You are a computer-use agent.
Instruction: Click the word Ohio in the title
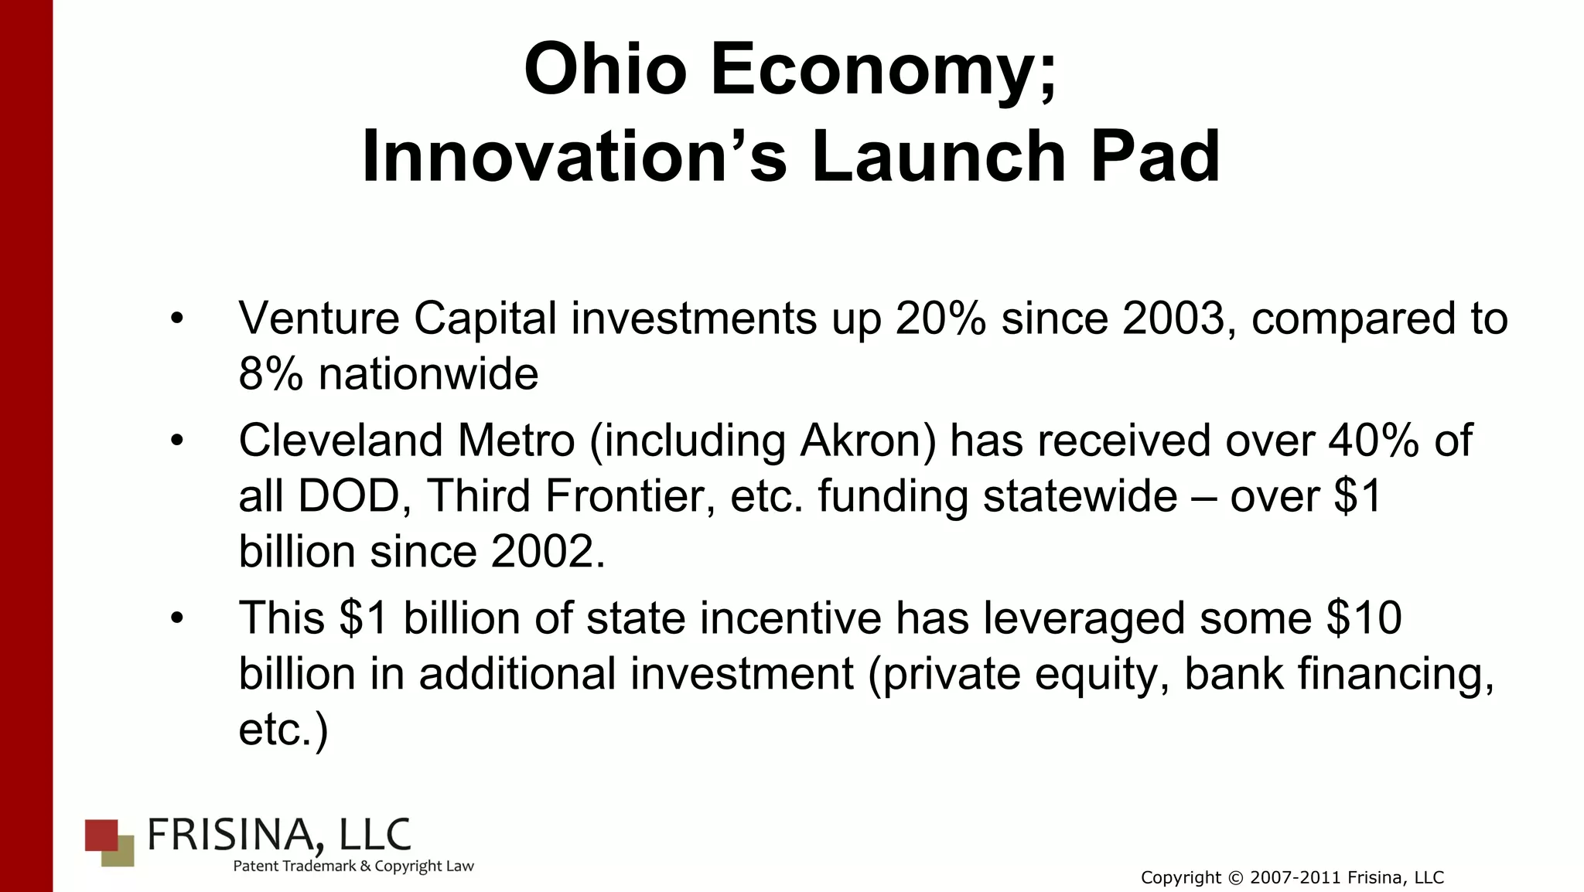click(x=605, y=70)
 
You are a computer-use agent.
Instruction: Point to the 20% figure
click(x=940, y=318)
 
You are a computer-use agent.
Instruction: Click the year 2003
click(x=1173, y=318)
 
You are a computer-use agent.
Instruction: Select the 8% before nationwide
click(x=271, y=374)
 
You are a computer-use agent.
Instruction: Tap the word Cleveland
click(x=340, y=441)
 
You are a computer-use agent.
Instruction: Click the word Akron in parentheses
click(x=868, y=441)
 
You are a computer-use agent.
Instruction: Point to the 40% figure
click(x=1374, y=441)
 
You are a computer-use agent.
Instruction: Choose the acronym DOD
click(x=347, y=496)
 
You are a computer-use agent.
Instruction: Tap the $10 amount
click(x=1363, y=618)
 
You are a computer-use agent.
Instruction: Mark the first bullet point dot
click(x=177, y=318)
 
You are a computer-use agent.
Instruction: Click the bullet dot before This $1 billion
click(x=177, y=618)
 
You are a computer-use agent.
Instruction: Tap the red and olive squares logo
click(x=109, y=843)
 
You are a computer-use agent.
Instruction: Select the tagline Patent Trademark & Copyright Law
click(x=353, y=866)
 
